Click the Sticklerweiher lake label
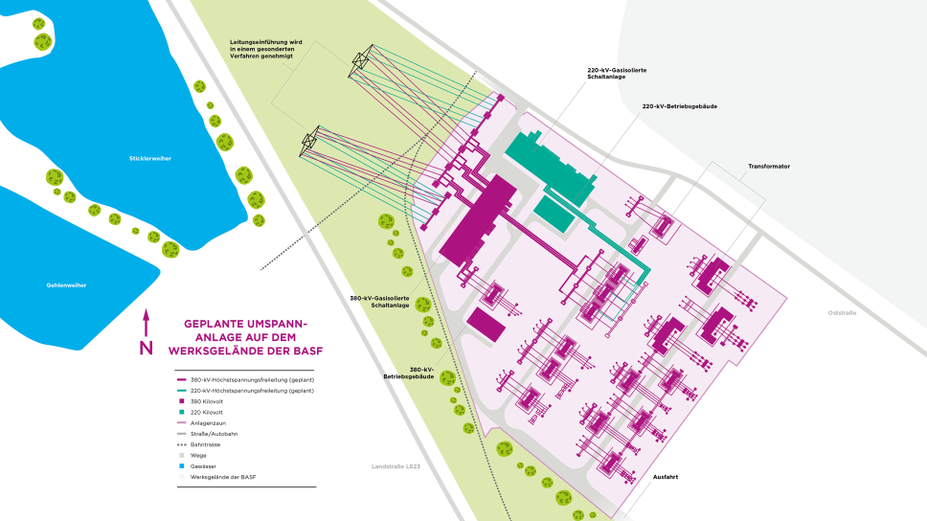pos(150,158)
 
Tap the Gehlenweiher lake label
pos(66,285)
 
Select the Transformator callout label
pos(769,166)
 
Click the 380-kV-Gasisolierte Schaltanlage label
pos(380,303)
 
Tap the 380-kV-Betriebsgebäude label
pos(409,373)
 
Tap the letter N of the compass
pos(146,348)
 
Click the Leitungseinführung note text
pos(265,49)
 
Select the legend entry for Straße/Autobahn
pos(215,433)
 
